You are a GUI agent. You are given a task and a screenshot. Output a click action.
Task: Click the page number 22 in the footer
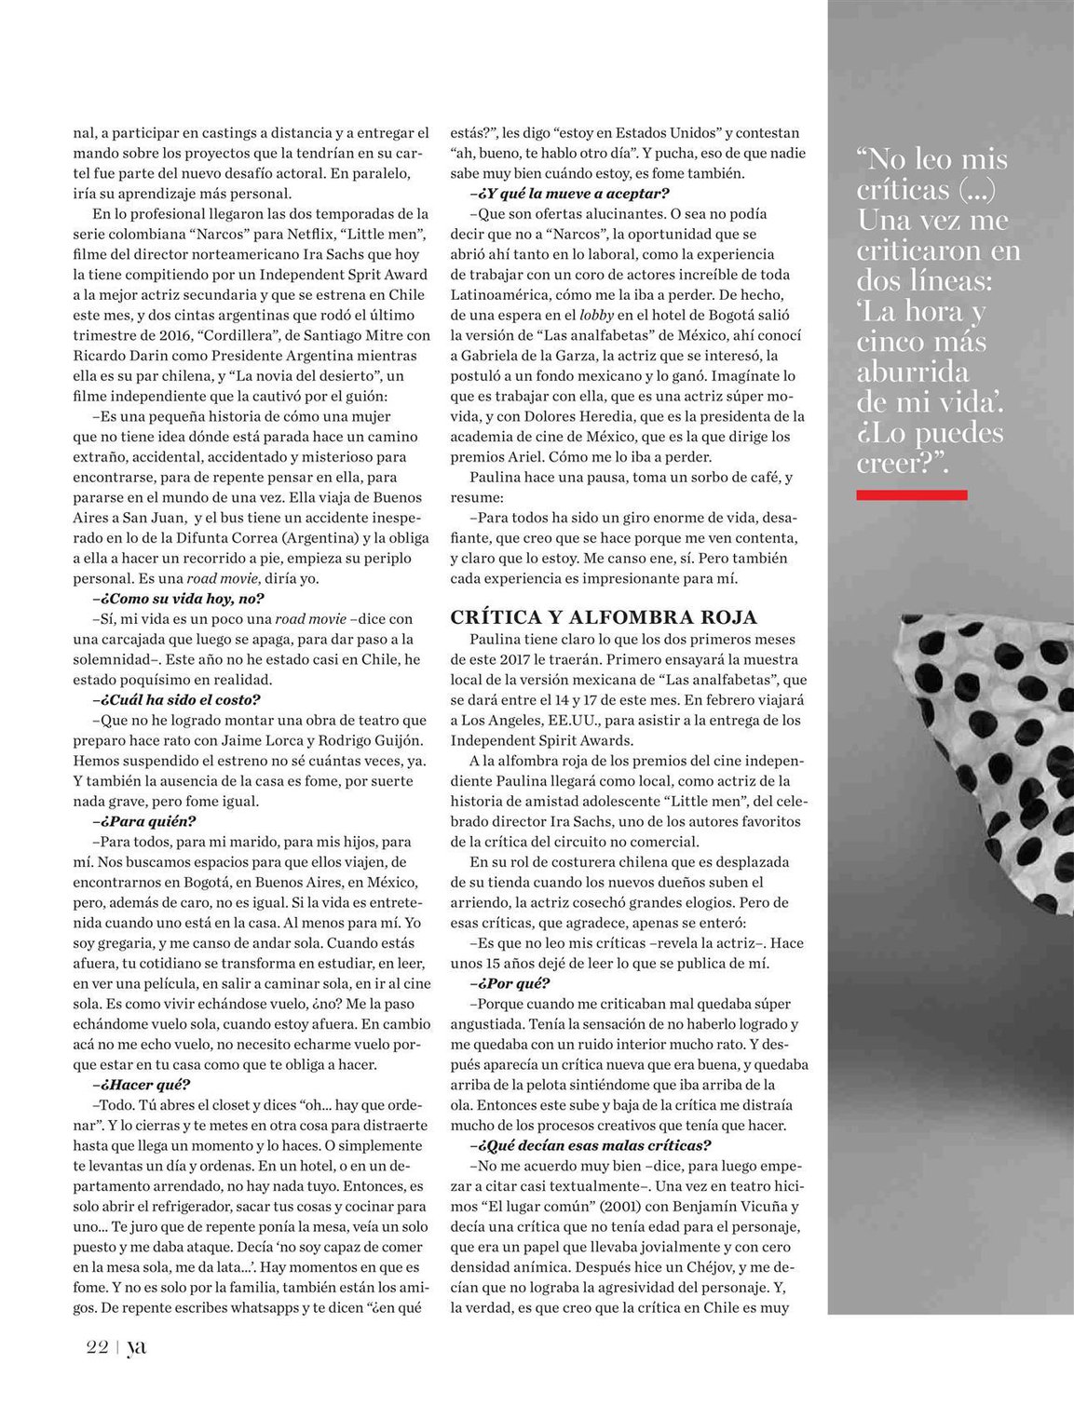(x=97, y=1346)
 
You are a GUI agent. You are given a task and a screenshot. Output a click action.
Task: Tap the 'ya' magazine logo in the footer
(x=136, y=1346)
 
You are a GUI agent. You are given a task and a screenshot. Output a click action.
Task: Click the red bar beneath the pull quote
(x=911, y=495)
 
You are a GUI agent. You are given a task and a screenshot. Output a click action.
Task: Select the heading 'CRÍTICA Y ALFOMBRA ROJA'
(x=604, y=617)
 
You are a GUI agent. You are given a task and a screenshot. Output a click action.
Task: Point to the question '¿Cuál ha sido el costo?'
(x=176, y=699)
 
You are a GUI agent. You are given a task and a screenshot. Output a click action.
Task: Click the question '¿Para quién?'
(x=144, y=821)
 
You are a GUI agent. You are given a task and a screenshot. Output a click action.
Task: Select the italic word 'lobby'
(x=596, y=315)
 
